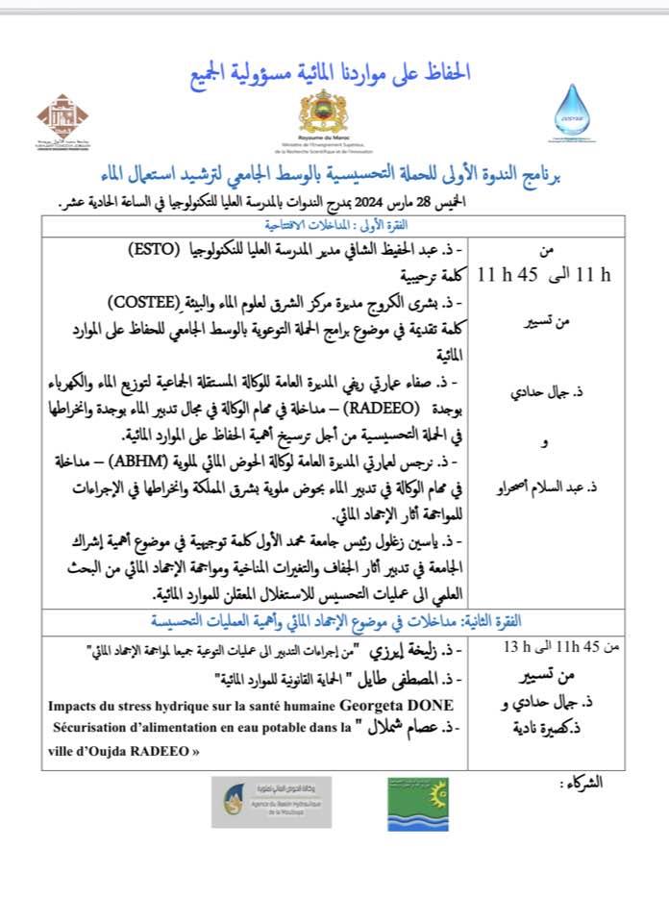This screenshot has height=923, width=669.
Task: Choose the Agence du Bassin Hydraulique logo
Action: (x=273, y=801)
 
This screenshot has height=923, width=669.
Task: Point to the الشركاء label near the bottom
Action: (x=585, y=784)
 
